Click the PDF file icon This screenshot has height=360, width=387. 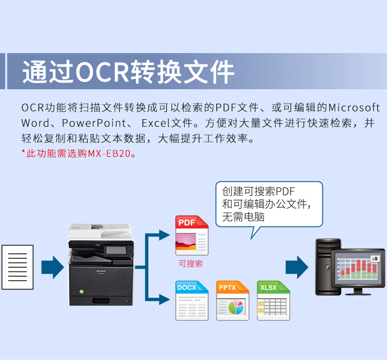click(x=192, y=235)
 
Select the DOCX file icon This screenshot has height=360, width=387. click(x=192, y=301)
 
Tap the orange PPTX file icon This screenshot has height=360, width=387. click(x=233, y=301)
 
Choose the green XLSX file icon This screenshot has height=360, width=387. click(x=273, y=301)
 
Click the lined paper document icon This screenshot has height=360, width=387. click(x=18, y=267)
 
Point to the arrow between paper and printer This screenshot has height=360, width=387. click(x=53, y=267)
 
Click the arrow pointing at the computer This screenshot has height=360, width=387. click(x=297, y=267)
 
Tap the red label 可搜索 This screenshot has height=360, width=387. click(x=191, y=264)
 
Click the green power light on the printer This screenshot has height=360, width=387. click(x=82, y=291)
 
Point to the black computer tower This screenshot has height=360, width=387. click(x=327, y=267)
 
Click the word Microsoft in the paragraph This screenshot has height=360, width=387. click(x=354, y=108)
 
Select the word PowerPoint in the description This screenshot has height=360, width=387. click(x=94, y=123)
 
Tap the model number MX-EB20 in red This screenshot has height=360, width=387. click(x=109, y=154)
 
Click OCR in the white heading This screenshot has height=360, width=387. click(x=103, y=72)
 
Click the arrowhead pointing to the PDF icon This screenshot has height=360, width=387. click(x=165, y=235)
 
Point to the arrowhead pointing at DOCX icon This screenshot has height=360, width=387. click(x=165, y=300)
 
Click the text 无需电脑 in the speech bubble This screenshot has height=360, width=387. click(x=243, y=217)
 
